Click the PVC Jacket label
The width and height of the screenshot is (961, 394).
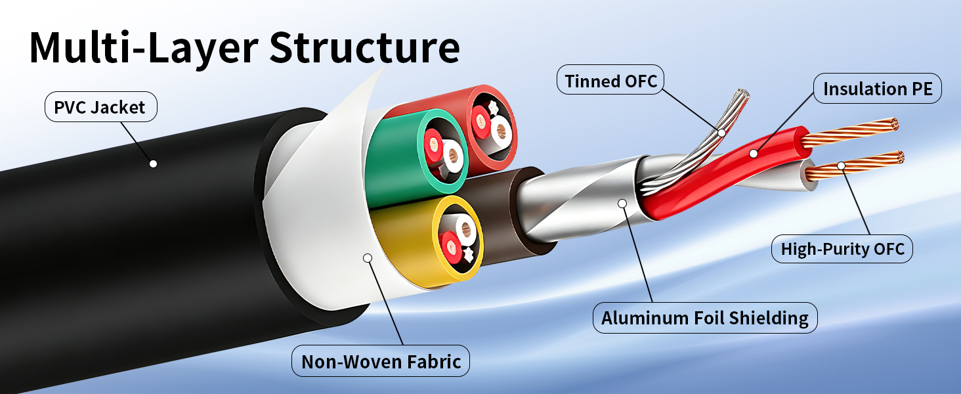pyautogui.click(x=101, y=106)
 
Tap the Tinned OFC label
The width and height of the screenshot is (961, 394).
pyautogui.click(x=610, y=80)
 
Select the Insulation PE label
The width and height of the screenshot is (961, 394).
pyautogui.click(x=878, y=89)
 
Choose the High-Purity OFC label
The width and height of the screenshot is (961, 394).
pyautogui.click(x=842, y=248)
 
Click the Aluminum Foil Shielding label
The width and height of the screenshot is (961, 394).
pyautogui.click(x=705, y=318)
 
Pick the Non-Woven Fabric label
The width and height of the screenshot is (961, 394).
pyautogui.click(x=381, y=361)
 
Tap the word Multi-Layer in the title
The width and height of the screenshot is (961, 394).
pyautogui.click(x=144, y=48)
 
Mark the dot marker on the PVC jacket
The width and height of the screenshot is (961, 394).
pyautogui.click(x=153, y=164)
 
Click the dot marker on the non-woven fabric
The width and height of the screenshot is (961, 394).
pyautogui.click(x=368, y=257)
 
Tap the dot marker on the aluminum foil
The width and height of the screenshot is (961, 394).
pyautogui.click(x=622, y=203)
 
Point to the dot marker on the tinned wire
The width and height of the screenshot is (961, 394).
pyautogui.click(x=721, y=133)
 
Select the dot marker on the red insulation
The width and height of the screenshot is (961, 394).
pyautogui.click(x=754, y=153)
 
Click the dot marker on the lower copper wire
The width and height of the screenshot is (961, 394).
pyautogui.click(x=842, y=165)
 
